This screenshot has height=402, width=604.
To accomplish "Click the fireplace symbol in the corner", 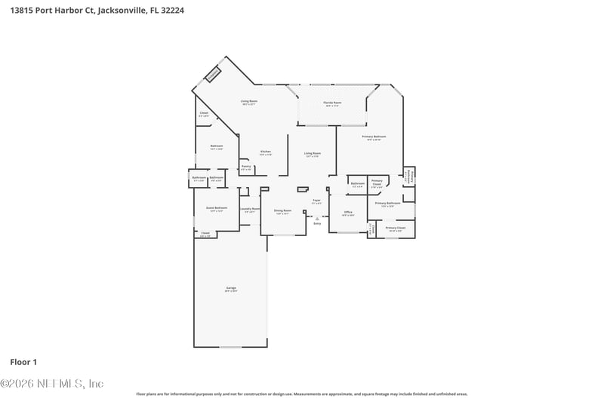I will [213, 74].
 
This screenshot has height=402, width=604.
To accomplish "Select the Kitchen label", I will [266, 152].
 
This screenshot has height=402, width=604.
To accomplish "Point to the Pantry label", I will [246, 167].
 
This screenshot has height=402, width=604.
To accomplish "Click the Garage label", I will [231, 289].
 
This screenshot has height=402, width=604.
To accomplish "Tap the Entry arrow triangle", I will [317, 218].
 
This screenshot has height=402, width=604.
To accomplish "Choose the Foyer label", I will [317, 201].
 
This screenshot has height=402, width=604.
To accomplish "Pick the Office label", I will [348, 213].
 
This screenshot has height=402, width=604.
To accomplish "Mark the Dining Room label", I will [282, 212].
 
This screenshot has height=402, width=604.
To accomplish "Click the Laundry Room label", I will [250, 210].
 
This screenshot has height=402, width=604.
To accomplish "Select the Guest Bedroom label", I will [217, 209].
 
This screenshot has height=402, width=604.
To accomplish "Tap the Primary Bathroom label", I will [387, 204].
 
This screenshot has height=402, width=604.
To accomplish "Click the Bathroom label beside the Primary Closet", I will [358, 184].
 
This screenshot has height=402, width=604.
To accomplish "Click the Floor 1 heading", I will [23, 362].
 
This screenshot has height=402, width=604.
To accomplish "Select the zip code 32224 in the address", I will [171, 11].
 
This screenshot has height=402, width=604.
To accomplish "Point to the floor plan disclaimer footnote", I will [301, 394].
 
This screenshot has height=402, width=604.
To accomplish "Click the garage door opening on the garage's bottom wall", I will [230, 347].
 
